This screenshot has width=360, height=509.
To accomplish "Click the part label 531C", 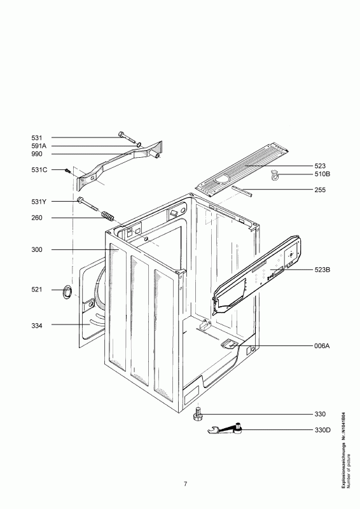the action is [39, 170].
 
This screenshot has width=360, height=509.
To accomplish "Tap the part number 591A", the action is [39, 146].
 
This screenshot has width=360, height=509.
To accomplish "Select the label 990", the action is [37, 154].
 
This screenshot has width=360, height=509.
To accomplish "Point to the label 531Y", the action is [39, 202].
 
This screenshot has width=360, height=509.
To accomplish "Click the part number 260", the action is [37, 218].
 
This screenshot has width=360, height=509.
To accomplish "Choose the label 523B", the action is [322, 269].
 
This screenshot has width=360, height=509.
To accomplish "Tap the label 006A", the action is [322, 346].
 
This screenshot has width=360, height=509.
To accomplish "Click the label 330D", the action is [322, 430].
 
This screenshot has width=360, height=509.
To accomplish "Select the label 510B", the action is [322, 174].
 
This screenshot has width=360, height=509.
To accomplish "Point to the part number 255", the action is [320, 190].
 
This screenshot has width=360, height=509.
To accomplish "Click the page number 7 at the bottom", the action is [185, 484].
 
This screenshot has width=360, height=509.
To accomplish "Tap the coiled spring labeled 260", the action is [107, 216].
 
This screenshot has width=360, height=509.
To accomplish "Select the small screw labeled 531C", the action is [67, 170].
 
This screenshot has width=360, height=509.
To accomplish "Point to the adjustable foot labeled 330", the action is [197, 414].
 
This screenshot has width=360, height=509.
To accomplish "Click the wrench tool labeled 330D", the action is [226, 430].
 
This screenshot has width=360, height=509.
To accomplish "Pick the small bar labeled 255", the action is [242, 191].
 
